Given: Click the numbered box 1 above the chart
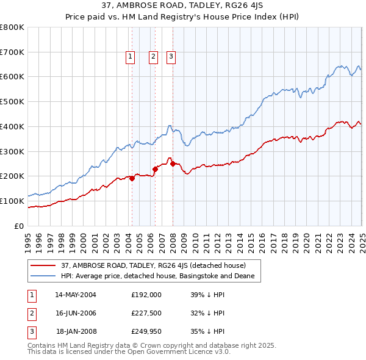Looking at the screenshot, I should (x=131, y=57).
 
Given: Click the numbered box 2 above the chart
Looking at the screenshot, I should (x=153, y=57).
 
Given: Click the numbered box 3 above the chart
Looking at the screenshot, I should (x=171, y=57).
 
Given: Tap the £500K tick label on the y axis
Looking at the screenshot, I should (x=12, y=101).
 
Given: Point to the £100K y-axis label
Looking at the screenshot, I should (x=12, y=201).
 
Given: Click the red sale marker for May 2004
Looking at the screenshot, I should (x=132, y=178).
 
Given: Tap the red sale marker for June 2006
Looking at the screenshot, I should (x=155, y=169).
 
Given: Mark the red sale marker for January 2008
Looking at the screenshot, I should (x=173, y=164).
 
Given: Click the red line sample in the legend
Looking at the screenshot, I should (x=43, y=266).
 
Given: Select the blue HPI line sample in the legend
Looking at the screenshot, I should (x=43, y=276).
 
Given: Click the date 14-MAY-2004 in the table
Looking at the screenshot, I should (x=76, y=294).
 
